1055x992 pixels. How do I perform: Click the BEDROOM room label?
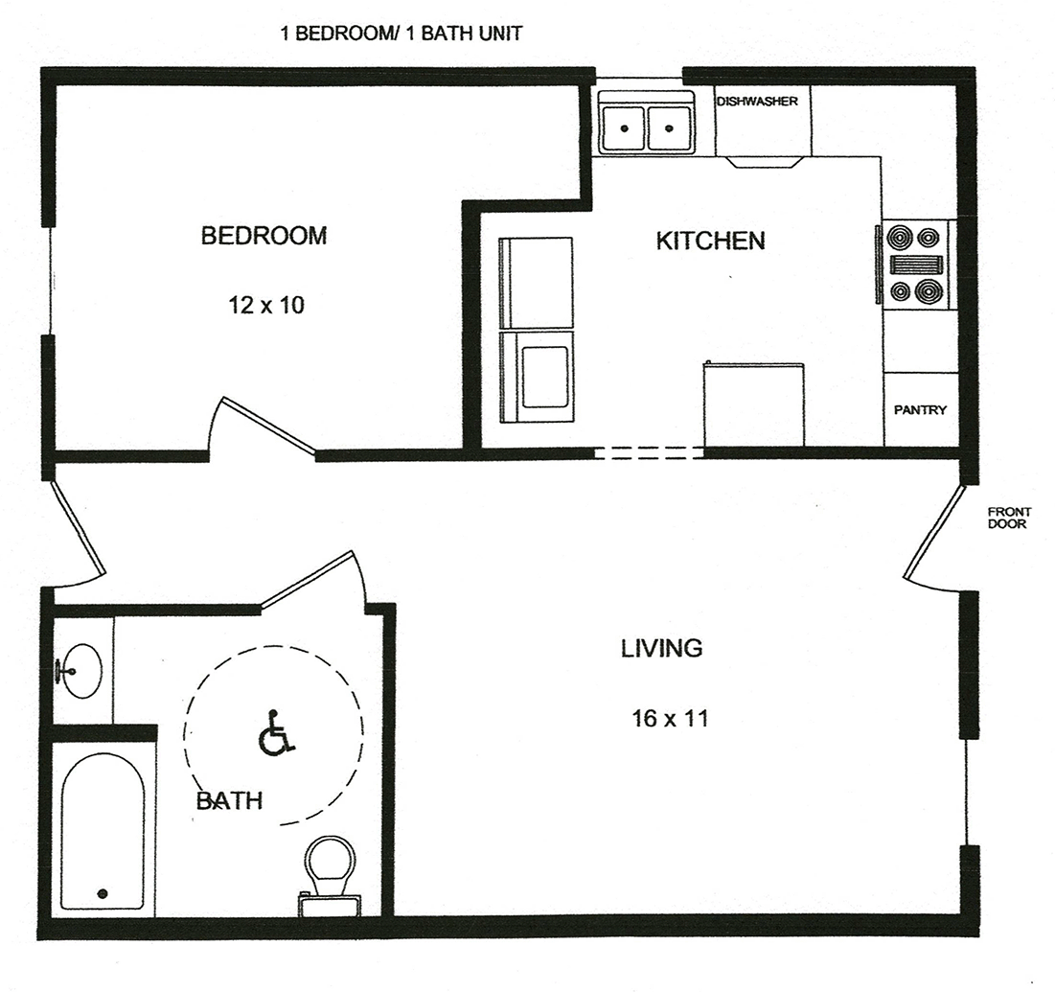(264, 236)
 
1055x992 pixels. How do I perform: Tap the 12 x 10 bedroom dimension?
(266, 306)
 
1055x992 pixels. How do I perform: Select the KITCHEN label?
(710, 241)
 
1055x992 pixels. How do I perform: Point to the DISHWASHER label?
(757, 102)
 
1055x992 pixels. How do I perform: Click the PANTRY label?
(921, 410)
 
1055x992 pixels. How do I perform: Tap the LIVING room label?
(661, 648)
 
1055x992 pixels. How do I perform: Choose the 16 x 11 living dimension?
(670, 719)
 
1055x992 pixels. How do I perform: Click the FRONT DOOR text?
(1009, 519)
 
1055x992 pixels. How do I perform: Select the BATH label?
(229, 801)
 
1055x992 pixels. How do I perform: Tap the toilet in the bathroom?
(330, 875)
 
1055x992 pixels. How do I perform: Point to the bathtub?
(103, 830)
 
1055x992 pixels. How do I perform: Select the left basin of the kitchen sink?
(623, 128)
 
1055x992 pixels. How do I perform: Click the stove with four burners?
(914, 265)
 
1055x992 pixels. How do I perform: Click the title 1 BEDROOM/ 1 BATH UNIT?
(401, 34)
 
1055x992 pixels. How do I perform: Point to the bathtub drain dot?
(103, 893)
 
